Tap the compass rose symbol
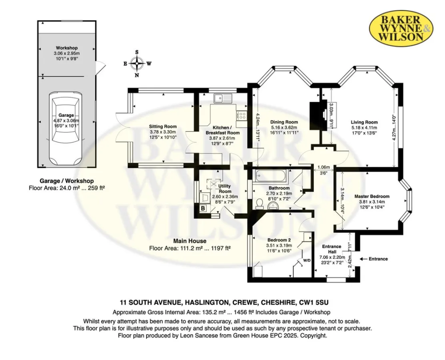point(137,63)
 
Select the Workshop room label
point(66,48)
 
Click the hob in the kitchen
point(242,115)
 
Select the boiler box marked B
point(203,208)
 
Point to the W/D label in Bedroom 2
point(307,260)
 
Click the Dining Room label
point(284,122)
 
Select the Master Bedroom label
point(372,196)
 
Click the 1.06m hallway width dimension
point(323,167)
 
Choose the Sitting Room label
point(163,126)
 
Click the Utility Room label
point(225,188)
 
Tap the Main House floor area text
point(189,248)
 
